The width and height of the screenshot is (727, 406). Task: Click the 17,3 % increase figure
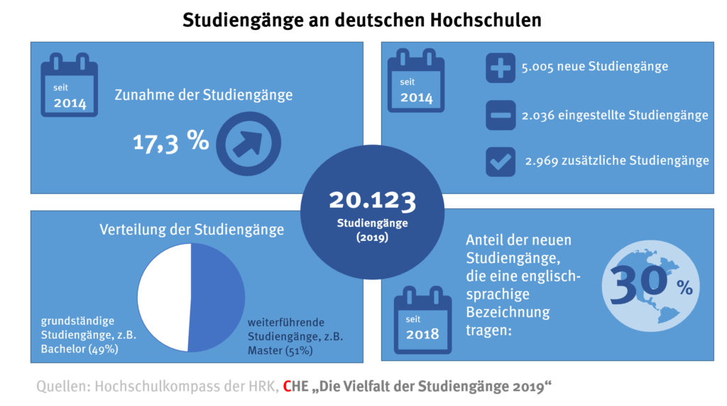170,141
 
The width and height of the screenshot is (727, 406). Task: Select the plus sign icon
501,70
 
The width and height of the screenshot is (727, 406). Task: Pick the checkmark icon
501,161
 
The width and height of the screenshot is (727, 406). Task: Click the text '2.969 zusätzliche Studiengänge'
617,161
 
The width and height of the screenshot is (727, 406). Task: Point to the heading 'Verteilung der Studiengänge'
192,230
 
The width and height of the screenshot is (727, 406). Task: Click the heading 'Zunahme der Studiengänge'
204,94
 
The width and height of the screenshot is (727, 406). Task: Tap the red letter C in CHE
287,388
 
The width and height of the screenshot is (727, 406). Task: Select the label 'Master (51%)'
280,351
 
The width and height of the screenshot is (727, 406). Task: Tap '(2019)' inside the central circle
372,238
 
